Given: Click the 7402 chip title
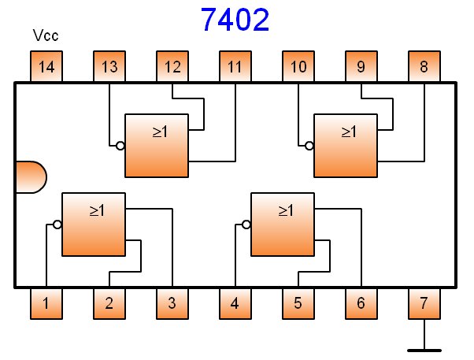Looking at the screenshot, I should [x=235, y=20].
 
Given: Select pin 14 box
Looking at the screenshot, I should [x=46, y=67].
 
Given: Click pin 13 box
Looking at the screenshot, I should [x=109, y=67].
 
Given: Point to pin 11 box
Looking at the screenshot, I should [x=235, y=67].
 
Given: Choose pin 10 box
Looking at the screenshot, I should [x=298, y=67].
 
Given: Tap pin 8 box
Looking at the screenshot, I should [x=424, y=67].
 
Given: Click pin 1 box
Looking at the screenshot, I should [x=46, y=303].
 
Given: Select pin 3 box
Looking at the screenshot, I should [x=172, y=303].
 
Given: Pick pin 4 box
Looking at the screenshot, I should [x=235, y=303].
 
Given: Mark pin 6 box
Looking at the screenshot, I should [x=361, y=303].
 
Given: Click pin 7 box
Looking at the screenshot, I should [x=424, y=303].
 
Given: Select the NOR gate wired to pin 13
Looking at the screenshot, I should [x=157, y=145].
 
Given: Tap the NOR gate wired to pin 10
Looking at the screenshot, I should [x=346, y=145].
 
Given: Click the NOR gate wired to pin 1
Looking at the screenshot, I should [x=94, y=224].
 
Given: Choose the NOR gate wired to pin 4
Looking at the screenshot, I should [x=283, y=224].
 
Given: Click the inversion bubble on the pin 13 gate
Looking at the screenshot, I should [x=120, y=146].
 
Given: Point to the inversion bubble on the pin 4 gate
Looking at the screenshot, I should [x=246, y=225].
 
